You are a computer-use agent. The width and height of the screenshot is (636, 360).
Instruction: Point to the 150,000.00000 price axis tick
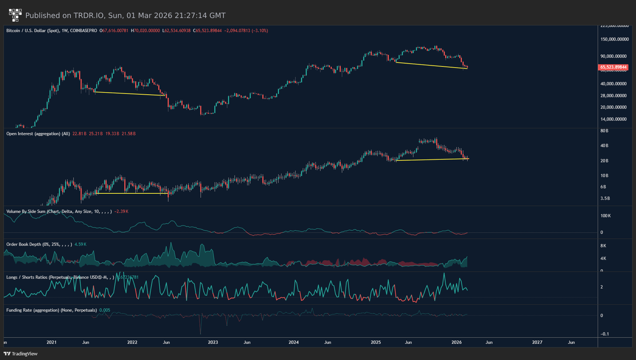tap(615, 39)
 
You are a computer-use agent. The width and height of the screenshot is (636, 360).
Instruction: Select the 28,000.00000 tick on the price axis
tap(614, 95)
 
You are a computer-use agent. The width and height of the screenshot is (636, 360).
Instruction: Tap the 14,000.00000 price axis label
tap(614, 119)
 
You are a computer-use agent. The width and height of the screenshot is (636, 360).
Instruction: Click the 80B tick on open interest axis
tap(604, 130)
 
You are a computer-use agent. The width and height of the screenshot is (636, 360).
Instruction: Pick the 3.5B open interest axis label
tap(605, 198)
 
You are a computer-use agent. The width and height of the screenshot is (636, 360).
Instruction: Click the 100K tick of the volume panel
tap(605, 216)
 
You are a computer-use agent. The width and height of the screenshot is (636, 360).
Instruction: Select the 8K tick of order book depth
tap(603, 246)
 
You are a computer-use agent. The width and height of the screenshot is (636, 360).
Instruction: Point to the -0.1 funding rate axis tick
tap(605, 334)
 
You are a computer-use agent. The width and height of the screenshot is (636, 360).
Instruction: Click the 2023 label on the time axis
tap(213, 342)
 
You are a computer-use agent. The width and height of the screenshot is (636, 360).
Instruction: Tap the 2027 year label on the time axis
tap(537, 342)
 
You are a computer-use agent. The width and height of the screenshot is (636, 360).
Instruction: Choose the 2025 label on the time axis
tap(376, 342)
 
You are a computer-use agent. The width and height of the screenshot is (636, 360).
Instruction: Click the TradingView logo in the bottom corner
tap(21, 354)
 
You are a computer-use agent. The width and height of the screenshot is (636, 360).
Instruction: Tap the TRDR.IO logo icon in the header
tap(15, 15)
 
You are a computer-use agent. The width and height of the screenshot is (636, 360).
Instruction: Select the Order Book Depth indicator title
tap(39, 244)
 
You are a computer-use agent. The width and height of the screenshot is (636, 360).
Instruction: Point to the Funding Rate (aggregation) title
tap(52, 310)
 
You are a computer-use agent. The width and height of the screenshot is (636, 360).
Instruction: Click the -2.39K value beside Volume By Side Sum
tap(121, 211)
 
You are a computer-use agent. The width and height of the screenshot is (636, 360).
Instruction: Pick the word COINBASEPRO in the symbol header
tap(83, 31)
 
